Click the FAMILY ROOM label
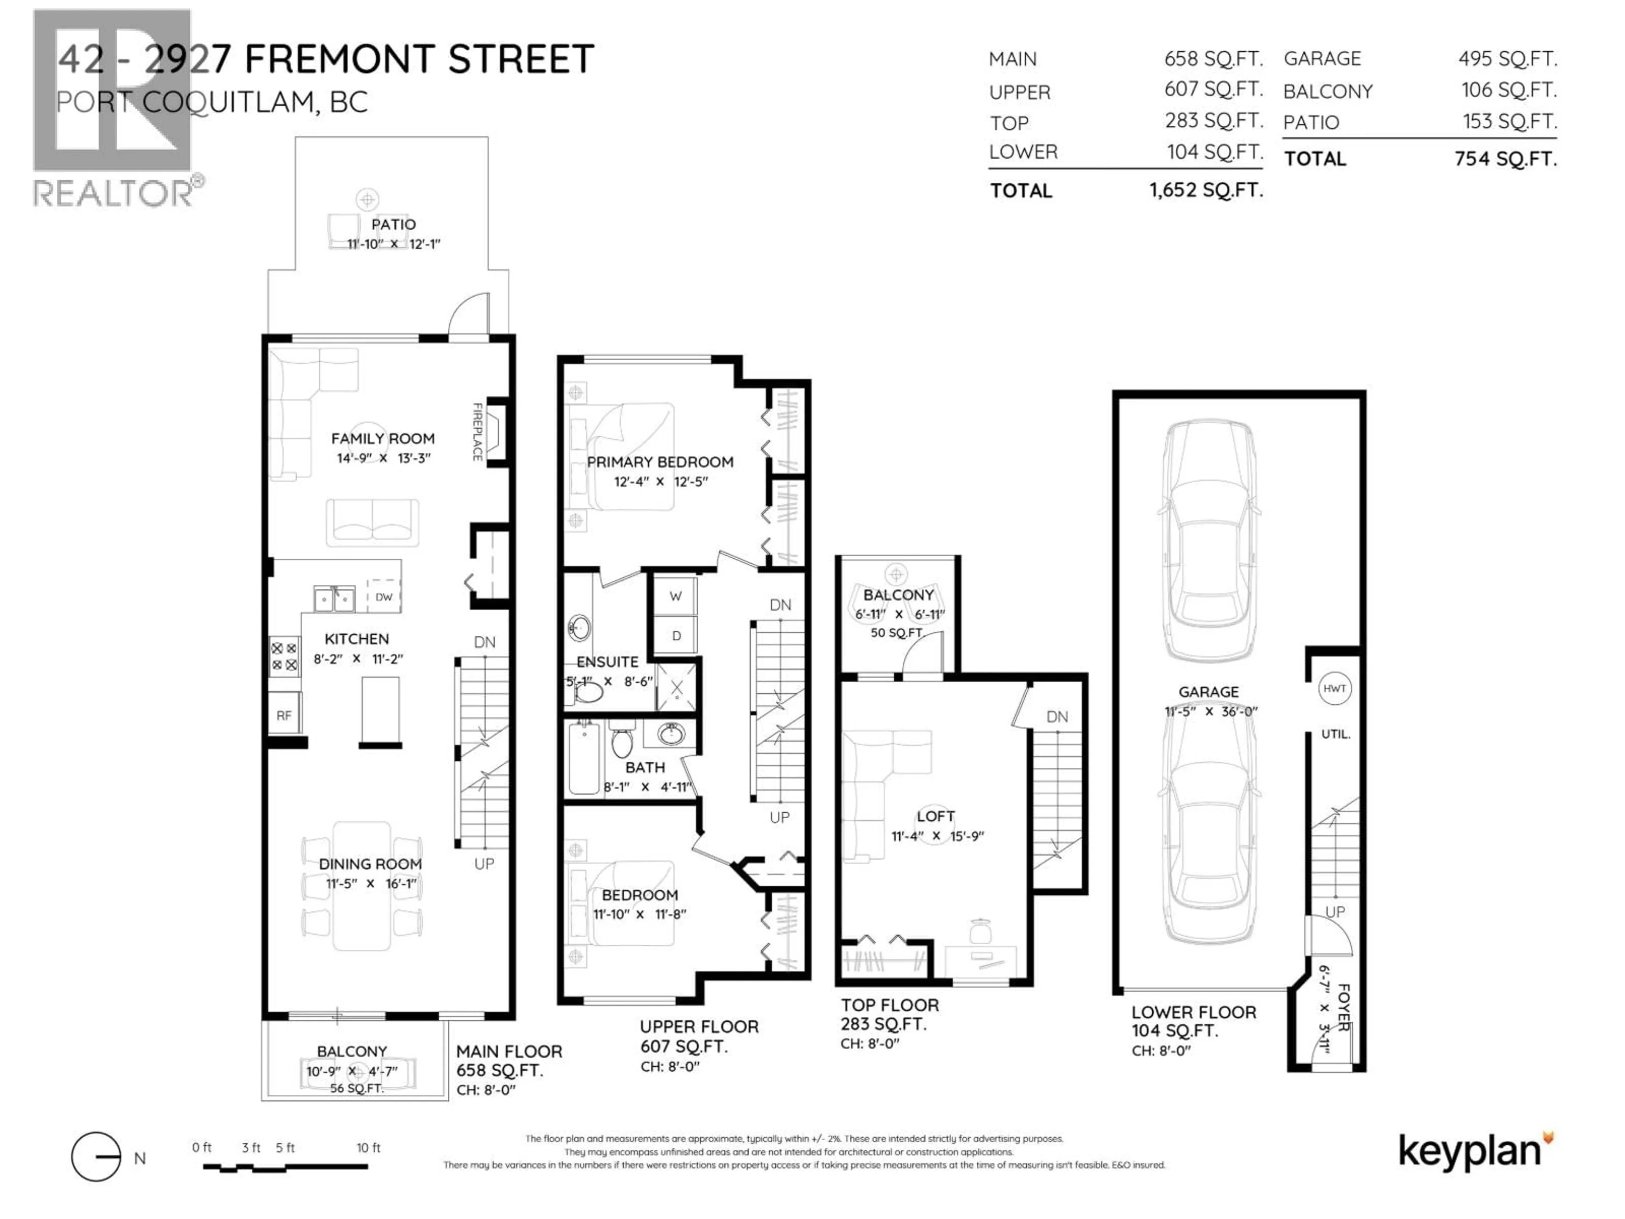(x=382, y=439)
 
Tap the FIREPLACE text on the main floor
(x=477, y=432)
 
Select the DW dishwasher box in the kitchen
(x=383, y=597)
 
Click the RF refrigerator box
(x=284, y=715)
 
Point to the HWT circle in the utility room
(x=1334, y=689)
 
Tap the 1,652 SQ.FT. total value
(x=1206, y=190)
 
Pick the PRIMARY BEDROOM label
(x=660, y=462)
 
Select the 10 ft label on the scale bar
(x=368, y=1148)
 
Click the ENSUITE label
(x=607, y=662)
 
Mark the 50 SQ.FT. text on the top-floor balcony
(x=896, y=633)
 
